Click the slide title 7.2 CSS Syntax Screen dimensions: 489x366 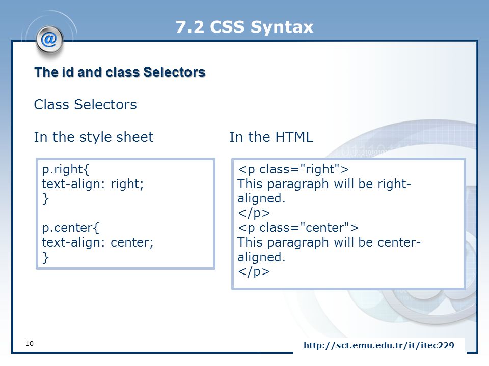[x=244, y=27]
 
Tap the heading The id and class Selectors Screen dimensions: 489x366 [x=120, y=72]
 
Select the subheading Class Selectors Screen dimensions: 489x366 [x=85, y=105]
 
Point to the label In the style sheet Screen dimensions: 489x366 [x=94, y=137]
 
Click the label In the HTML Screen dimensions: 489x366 [x=271, y=137]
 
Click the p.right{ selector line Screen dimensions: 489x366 [x=66, y=170]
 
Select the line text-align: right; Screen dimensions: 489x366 [x=93, y=184]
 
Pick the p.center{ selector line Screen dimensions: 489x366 [x=70, y=228]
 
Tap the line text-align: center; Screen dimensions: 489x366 [x=98, y=242]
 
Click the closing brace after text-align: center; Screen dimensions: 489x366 [x=45, y=257]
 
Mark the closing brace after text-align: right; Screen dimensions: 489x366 [x=45, y=199]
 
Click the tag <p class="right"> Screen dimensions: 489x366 [x=293, y=169]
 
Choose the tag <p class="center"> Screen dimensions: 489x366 [x=298, y=228]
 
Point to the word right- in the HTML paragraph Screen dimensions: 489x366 [x=394, y=184]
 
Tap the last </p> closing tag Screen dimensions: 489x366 [x=254, y=271]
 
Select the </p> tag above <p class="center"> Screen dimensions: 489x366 [x=254, y=213]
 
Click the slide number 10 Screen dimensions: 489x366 [x=30, y=343]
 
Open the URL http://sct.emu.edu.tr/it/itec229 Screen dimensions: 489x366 [x=378, y=345]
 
